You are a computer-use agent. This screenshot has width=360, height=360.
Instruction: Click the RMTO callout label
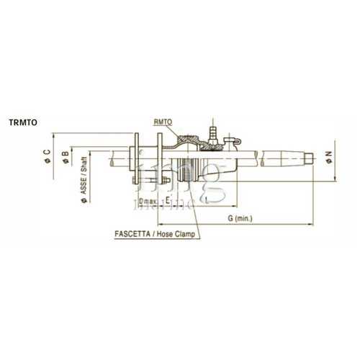point(163,123)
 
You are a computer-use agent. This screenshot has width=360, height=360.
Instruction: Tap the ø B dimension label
point(65,153)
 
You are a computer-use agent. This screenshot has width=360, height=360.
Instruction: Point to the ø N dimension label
point(328,156)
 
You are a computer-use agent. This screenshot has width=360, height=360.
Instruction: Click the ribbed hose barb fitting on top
point(212,131)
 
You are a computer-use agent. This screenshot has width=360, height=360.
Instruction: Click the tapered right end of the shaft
point(302,157)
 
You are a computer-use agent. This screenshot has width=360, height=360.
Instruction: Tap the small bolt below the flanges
point(164,181)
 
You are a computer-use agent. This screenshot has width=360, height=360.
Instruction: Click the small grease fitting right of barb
point(232,139)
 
